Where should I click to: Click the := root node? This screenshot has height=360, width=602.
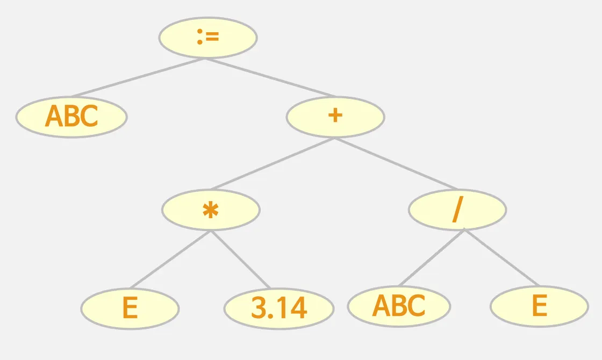coord(208,38)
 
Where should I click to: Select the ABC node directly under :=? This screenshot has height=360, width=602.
coord(71,117)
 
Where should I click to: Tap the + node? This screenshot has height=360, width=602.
coord(335,117)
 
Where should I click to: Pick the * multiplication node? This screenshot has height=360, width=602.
coord(211,210)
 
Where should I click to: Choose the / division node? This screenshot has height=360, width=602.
coord(457,210)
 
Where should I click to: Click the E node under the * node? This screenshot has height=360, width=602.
coord(130,308)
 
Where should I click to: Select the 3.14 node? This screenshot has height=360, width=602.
coord(279,308)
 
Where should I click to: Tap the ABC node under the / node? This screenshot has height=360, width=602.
coord(399,306)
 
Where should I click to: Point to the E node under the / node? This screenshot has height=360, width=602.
coord(539,306)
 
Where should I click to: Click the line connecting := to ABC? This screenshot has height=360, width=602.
coord(137,77)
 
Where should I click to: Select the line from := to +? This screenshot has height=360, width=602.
coord(271,77)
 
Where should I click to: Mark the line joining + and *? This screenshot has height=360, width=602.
coord(273,163)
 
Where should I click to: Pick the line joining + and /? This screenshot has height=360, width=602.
coord(396,163)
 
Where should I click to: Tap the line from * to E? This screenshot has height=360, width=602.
coord(170,259)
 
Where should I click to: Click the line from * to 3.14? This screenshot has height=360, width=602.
coord(240,259)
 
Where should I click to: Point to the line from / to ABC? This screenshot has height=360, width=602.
coord(432,257)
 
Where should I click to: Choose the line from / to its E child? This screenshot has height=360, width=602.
coord(501,257)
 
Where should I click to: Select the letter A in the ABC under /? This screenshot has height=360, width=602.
coord(381,306)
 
